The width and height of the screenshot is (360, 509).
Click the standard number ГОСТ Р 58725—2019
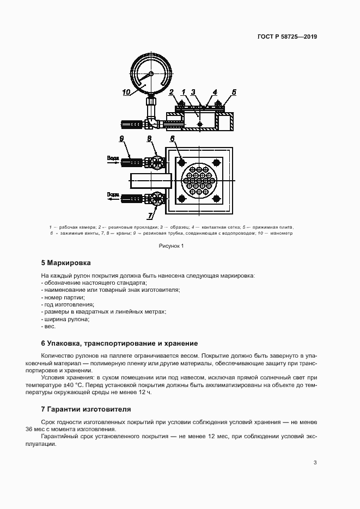287,37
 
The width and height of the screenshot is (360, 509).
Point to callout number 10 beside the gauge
127,93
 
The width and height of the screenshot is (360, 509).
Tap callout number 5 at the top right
234,92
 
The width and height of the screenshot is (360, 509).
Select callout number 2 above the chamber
171,92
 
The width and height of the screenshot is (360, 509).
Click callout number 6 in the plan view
172,139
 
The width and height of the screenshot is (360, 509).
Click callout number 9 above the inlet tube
122,139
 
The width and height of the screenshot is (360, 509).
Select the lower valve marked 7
158,197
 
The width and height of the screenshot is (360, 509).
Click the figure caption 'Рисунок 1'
172,246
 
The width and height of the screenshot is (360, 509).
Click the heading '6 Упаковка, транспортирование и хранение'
119,344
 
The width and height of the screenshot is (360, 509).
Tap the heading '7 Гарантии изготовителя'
86,408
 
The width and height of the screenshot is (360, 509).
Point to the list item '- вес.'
48,326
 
